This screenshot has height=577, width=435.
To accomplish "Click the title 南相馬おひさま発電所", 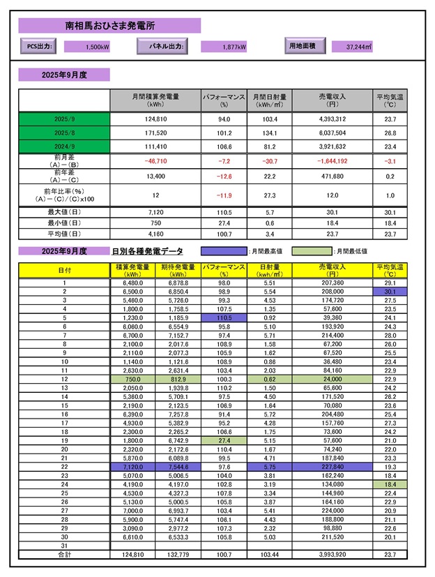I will (110, 26).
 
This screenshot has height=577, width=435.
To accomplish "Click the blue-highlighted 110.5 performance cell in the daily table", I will (224, 317).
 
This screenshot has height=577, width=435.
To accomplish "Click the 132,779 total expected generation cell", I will (178, 554).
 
